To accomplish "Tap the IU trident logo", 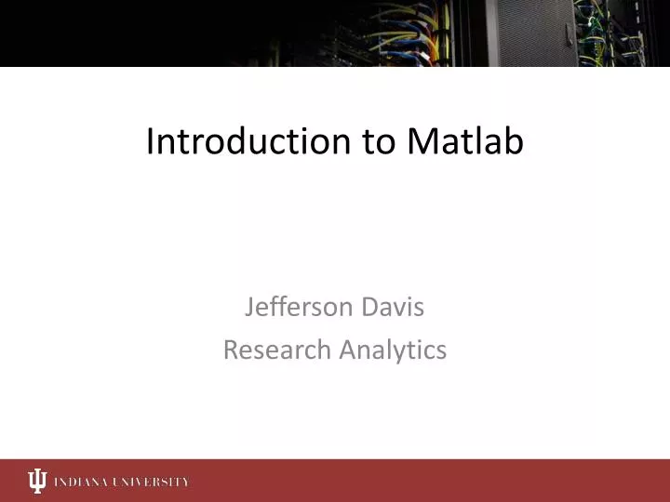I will pyautogui.click(x=36, y=481).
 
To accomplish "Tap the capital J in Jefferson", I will pyautogui.click(x=249, y=308).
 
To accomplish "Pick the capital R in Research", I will pyautogui.click(x=230, y=350).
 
